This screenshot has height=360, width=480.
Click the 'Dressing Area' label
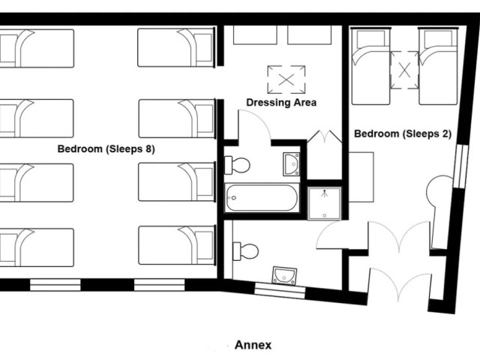(x=281, y=103)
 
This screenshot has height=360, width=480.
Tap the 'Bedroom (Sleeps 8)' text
(x=106, y=149)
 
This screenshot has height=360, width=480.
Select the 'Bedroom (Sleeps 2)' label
(x=403, y=133)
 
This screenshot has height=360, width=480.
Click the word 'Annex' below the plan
(x=253, y=345)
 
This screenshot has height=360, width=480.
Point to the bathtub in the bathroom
(x=262, y=198)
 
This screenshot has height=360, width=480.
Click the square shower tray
(x=324, y=203)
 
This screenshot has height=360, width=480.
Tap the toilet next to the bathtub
(x=237, y=165)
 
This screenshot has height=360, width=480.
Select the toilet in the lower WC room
(x=246, y=251)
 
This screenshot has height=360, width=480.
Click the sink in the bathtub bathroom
(x=292, y=164)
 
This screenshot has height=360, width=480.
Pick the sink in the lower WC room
(x=285, y=275)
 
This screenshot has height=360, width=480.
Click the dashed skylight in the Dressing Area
(x=286, y=79)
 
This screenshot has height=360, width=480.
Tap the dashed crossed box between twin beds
(x=404, y=70)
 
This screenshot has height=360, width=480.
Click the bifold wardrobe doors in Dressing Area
(x=325, y=136)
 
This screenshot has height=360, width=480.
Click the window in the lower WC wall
(x=280, y=291)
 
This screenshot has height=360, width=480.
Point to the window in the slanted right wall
(x=461, y=166)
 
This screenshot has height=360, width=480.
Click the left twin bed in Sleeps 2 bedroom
(x=371, y=66)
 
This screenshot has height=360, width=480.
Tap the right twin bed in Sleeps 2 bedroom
(x=438, y=66)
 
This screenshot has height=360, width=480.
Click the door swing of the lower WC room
(x=333, y=235)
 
